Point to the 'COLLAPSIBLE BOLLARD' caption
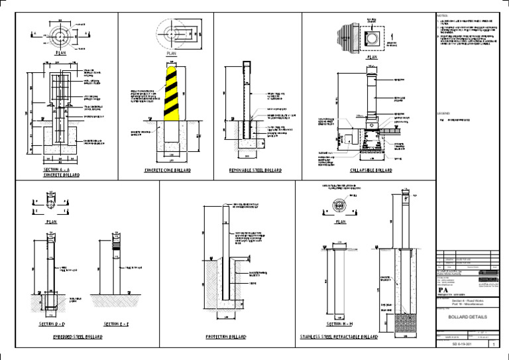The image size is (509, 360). click(x=369, y=170)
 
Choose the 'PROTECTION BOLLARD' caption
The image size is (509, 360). click(x=229, y=337)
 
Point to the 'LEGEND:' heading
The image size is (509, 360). click(x=443, y=113)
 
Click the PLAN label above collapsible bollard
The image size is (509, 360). click(x=372, y=58)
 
